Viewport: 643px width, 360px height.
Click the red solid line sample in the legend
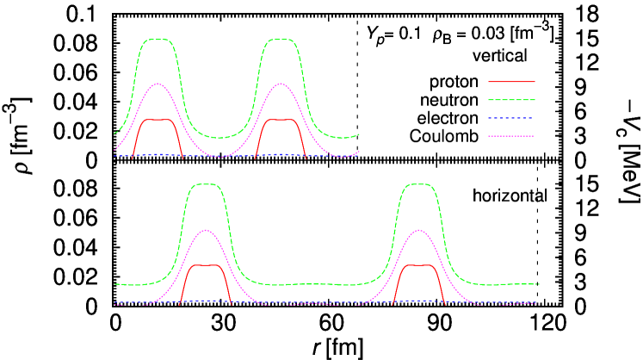tap(511, 82)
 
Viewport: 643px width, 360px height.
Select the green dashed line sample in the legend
tap(511, 100)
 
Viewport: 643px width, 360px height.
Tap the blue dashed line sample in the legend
tap(511, 118)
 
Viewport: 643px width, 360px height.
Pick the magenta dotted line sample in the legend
tap(511, 136)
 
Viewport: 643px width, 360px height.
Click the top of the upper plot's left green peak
tap(158, 40)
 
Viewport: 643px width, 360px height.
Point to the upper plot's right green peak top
tap(281, 40)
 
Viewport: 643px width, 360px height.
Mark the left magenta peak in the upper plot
tap(158, 84)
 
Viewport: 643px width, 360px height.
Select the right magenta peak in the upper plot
tap(281, 84)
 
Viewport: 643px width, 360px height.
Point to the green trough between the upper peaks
tap(219, 138)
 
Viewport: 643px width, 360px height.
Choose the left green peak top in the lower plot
tap(206, 184)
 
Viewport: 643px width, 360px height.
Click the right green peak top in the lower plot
tap(419, 184)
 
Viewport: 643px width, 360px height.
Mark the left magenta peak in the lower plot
tap(206, 230)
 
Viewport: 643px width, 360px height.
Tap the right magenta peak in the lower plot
tap(419, 230)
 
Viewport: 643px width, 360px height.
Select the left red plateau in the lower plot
tap(206, 265)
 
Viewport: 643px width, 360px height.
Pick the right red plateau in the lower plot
tap(419, 265)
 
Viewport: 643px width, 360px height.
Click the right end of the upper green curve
tap(358, 134)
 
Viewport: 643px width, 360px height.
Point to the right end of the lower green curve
tap(539, 283)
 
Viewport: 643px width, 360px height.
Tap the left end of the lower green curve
tap(115, 284)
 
